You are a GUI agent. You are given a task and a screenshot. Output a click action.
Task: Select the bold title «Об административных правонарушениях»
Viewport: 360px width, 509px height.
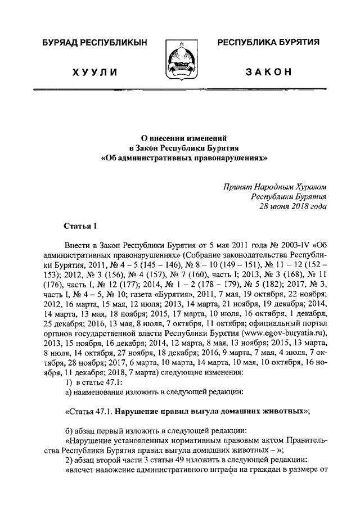180,159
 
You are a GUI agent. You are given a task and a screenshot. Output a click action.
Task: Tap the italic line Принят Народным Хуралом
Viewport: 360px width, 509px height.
274,186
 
